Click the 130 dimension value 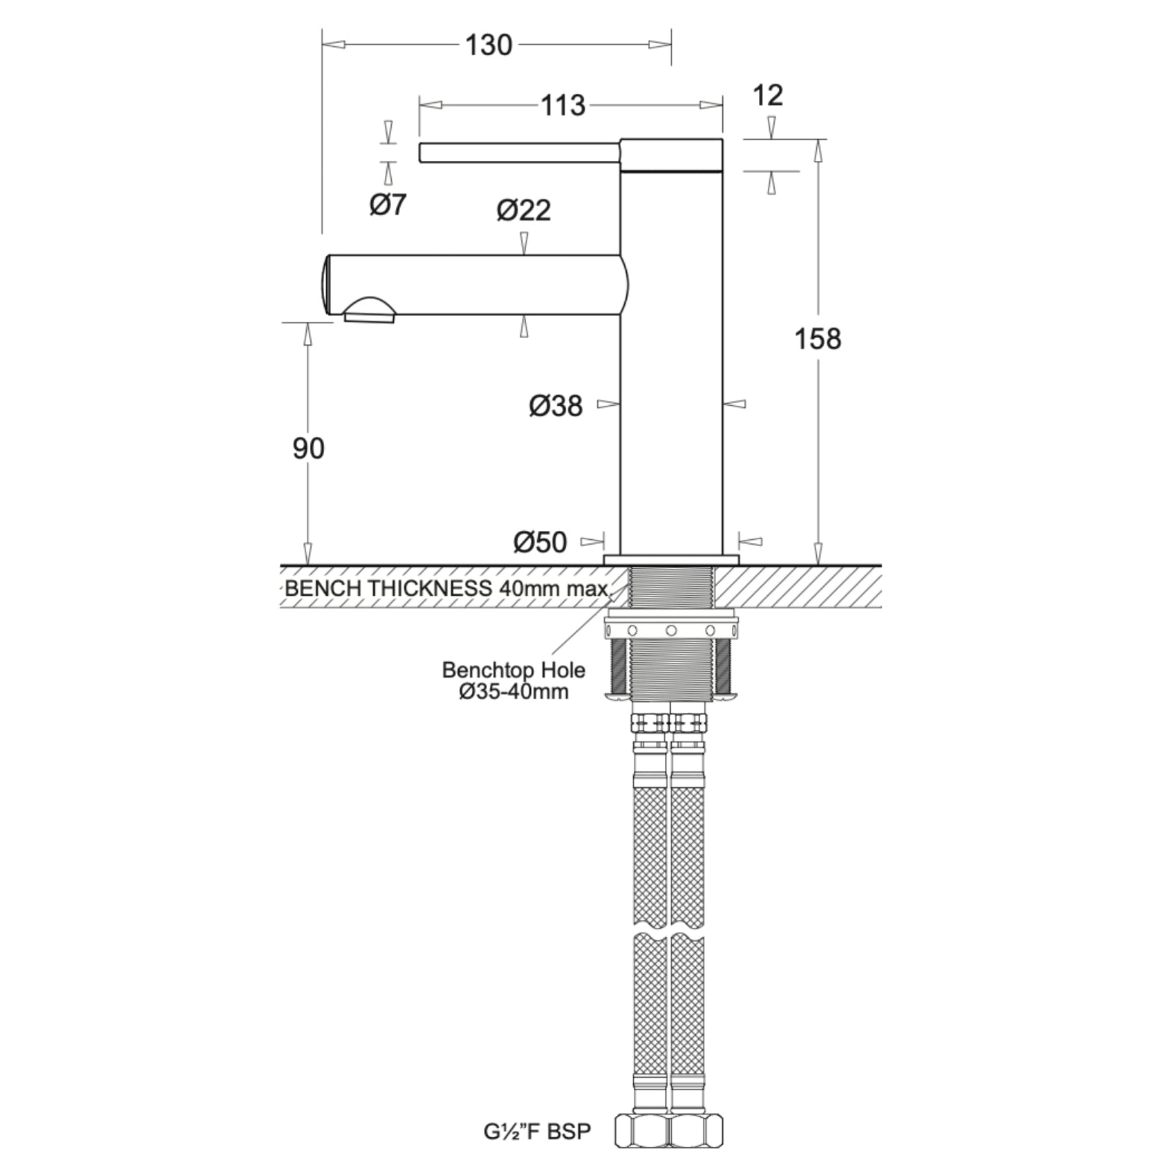coord(489,45)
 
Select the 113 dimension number coord(563,106)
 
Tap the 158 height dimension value coord(817,339)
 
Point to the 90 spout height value coord(308,448)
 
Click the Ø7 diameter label coord(388,205)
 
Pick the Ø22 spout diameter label coord(523,210)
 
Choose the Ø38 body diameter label coord(556,405)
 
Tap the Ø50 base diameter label coord(541,542)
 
